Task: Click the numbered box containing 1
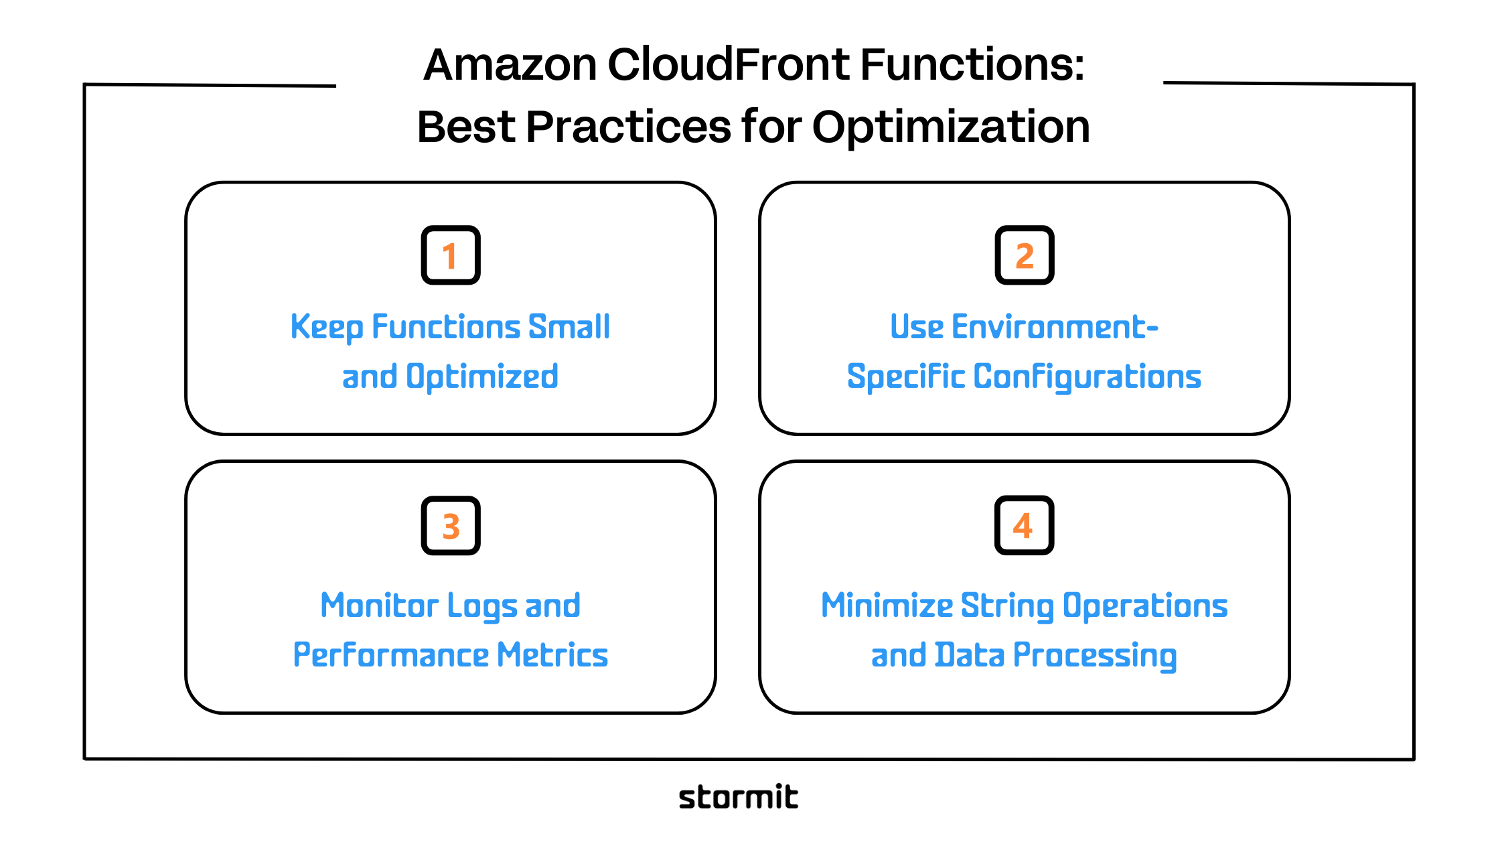(451, 255)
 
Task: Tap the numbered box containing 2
(1025, 255)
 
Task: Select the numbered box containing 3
(451, 526)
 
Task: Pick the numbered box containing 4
(1025, 526)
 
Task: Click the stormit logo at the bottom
(738, 797)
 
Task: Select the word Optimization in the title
(951, 127)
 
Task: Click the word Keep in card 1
(327, 328)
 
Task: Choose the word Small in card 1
(569, 327)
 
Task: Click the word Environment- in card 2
(1055, 327)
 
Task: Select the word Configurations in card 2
(1087, 377)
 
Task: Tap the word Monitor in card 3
(379, 606)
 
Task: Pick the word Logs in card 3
(482, 607)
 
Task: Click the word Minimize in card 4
(887, 606)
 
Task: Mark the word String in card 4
(1007, 607)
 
